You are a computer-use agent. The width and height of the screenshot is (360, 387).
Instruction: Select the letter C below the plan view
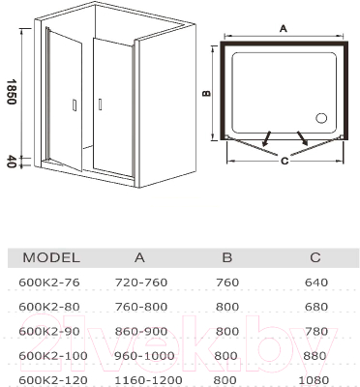click(x=284, y=162)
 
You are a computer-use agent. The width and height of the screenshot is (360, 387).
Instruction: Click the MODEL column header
click(x=50, y=257)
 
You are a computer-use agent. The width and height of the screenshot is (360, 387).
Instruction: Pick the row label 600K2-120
click(x=51, y=379)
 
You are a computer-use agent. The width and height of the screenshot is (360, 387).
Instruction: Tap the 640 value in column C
click(x=315, y=283)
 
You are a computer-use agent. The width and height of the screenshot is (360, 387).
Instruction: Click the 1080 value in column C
click(x=315, y=379)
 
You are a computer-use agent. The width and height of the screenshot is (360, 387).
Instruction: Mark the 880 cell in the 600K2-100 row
click(x=315, y=355)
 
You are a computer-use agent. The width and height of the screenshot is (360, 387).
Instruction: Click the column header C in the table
click(x=315, y=257)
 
